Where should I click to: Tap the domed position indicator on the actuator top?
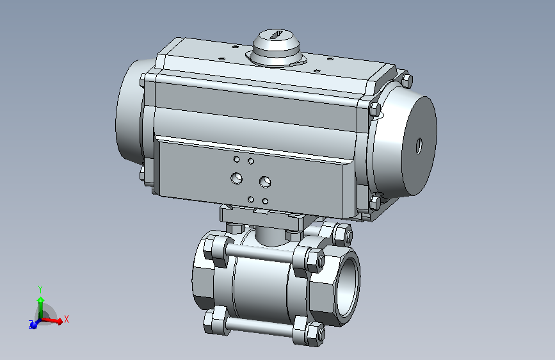(x=276, y=48)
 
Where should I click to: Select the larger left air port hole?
(x=237, y=177)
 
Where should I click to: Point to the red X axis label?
(x=67, y=318)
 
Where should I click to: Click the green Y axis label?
(x=40, y=289)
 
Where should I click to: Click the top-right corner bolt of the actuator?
(x=406, y=81)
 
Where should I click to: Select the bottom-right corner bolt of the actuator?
(x=374, y=204)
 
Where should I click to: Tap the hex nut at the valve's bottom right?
(x=314, y=334)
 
